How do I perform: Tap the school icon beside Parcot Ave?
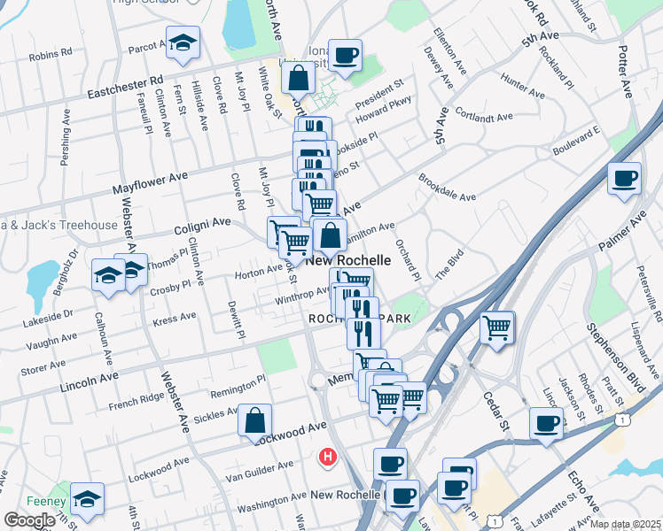pos(183,43)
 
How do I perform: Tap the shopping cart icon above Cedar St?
pos(497,327)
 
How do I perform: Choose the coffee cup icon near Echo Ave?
pos(546,423)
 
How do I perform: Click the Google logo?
pos(30,520)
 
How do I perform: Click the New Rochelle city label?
pos(349,261)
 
